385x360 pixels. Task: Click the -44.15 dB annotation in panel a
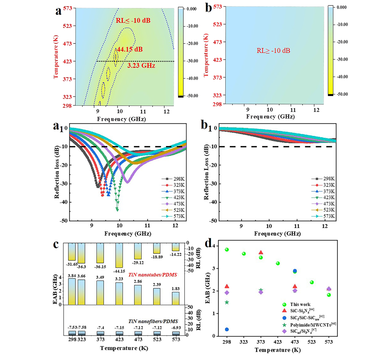click(x=129, y=50)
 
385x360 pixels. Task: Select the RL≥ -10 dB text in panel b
click(x=273, y=51)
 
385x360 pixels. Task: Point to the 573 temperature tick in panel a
click(x=68, y=8)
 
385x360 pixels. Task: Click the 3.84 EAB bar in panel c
click(x=72, y=291)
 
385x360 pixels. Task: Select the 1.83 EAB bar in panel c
click(x=176, y=298)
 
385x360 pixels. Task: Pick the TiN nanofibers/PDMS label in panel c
click(x=153, y=321)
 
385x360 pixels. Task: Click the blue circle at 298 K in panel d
click(x=227, y=329)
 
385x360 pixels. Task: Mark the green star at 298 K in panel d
click(x=227, y=302)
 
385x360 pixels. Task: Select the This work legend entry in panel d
click(x=300, y=304)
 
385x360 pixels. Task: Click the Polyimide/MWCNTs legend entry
click(x=312, y=325)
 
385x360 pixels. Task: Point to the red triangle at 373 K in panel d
click(x=261, y=253)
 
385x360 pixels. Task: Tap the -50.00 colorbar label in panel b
click(x=342, y=94)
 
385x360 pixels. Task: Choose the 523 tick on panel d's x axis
click(x=312, y=342)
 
